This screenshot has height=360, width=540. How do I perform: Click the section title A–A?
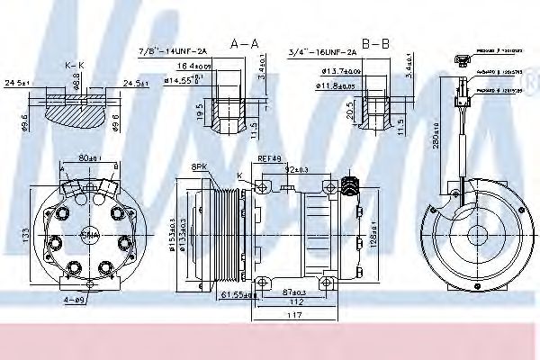coord(245,42)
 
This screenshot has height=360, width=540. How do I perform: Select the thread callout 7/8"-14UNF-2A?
coord(173,52)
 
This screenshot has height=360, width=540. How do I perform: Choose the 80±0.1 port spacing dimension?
coord(87,159)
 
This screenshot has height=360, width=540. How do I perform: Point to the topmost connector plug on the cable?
coord(461,61)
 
